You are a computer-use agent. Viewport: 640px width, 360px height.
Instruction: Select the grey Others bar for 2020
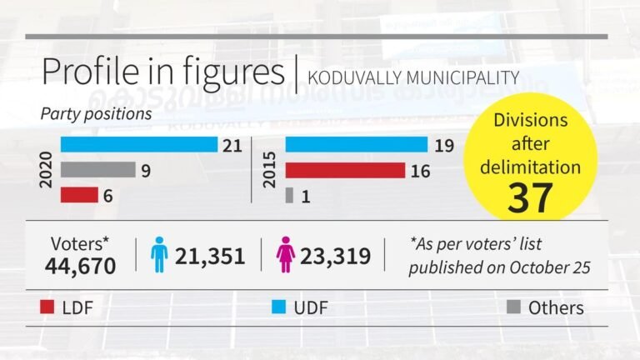point(97,170)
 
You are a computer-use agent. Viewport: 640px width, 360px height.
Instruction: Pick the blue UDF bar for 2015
point(356,145)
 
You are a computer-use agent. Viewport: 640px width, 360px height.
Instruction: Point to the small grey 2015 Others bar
point(289,195)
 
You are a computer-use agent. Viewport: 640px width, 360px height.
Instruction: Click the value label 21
point(232,146)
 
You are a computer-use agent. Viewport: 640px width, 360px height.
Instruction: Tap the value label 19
point(442,146)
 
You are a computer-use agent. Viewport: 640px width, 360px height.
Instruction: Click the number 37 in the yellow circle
point(531,197)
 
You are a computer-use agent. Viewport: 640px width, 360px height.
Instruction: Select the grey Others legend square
point(514,308)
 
